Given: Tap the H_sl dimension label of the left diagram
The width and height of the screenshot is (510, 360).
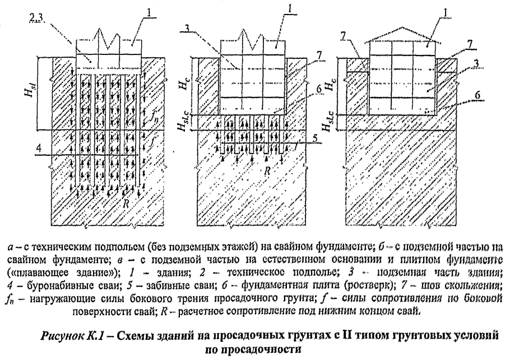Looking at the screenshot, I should (40, 91).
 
